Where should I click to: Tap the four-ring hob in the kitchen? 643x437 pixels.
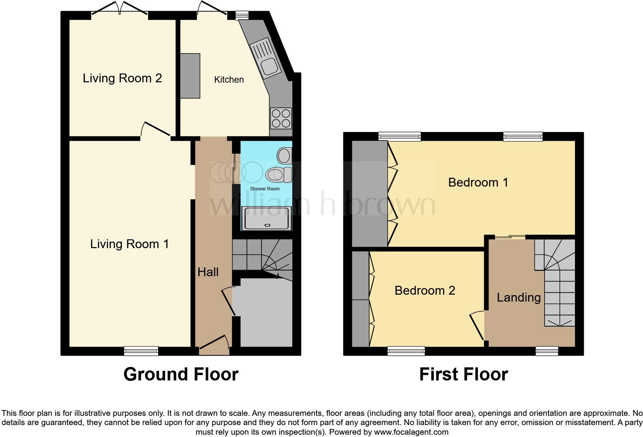tap(281, 118)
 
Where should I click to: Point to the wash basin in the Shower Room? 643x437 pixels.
tap(284, 156)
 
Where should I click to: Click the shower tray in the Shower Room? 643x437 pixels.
tap(266, 218)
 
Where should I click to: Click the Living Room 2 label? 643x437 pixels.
tap(122, 78)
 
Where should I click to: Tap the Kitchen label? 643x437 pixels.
tap(229, 80)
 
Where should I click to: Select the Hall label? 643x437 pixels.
tap(208, 272)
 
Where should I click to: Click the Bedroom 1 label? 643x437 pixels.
tap(478, 182)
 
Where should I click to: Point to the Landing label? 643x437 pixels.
tap(518, 297)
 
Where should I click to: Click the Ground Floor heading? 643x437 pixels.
tap(181, 374)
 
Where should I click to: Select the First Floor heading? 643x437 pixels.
tap(463, 374)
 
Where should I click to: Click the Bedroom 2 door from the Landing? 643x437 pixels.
tap(478, 325)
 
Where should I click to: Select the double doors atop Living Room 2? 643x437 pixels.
tap(120, 9)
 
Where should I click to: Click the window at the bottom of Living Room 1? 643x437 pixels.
tap(141, 350)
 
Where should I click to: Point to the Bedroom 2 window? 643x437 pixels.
tap(406, 350)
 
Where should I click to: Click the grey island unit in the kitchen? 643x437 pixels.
tap(190, 76)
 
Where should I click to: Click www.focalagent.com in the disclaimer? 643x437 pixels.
tap(411, 432)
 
